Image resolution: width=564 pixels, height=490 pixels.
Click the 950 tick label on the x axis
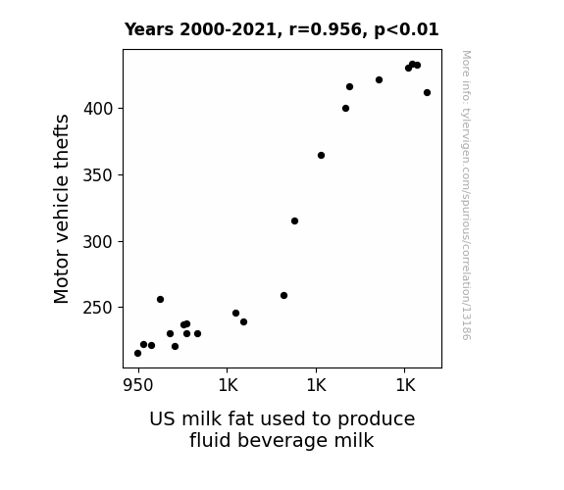coord(138,385)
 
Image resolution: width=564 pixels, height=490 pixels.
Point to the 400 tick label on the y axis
coord(98,108)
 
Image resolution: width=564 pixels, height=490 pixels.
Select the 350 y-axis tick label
coord(98,175)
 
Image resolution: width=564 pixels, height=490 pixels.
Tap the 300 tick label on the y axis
coord(98,242)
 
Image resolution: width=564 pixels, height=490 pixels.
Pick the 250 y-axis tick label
coord(98,308)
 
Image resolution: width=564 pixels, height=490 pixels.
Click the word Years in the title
coord(149,29)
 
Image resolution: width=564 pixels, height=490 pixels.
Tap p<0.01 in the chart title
coord(406,30)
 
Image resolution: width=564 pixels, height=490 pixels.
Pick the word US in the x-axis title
coord(163,418)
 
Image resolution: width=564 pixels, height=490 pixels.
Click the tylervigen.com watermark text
coord(466,195)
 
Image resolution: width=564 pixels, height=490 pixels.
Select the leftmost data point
coord(137,354)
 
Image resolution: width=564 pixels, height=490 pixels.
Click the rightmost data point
coord(427,93)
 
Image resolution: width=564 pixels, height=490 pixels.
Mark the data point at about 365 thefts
coord(321,155)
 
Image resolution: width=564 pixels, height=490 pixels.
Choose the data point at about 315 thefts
coord(294,221)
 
